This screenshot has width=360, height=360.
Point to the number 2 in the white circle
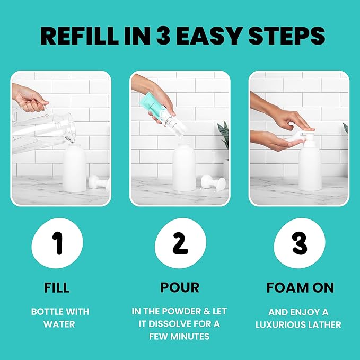point(180,243)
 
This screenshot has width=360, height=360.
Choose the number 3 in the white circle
point(300,243)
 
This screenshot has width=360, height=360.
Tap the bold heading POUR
point(180,288)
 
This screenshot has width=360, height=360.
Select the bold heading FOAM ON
point(300,288)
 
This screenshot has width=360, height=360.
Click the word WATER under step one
point(60,324)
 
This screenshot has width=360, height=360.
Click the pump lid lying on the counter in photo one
point(99,183)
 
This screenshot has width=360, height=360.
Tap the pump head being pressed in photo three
point(306,139)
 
